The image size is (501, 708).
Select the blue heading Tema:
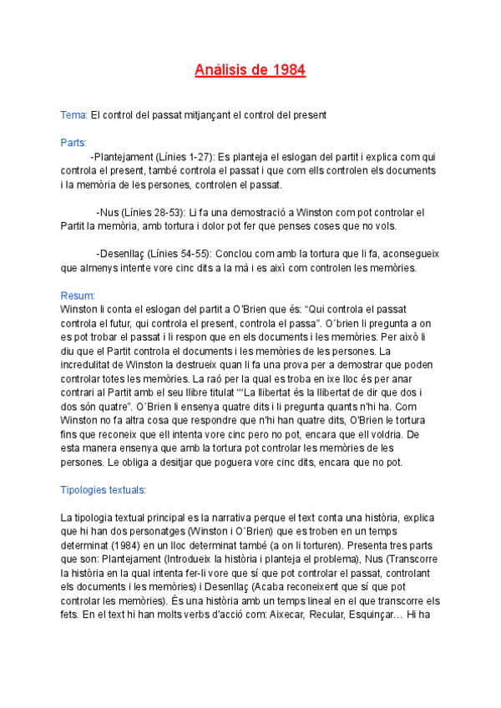(73, 114)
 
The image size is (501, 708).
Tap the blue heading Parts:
(73, 143)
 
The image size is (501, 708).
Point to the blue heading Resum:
(78, 296)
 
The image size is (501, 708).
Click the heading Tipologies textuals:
(104, 489)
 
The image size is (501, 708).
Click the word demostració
(255, 212)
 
